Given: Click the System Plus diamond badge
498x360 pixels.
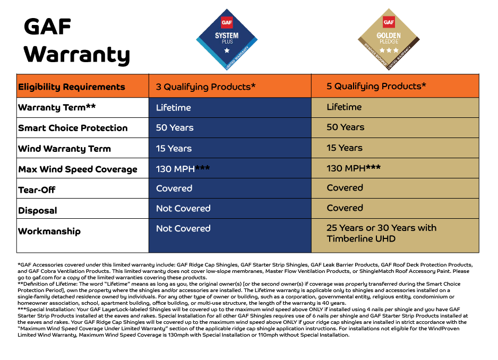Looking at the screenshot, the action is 227,39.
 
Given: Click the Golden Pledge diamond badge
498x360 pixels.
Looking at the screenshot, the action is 389,39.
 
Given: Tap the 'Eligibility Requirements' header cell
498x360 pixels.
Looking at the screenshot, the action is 72,87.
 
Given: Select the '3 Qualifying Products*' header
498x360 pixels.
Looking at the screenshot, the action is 205,87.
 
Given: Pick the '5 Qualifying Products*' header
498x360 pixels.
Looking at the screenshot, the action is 376,87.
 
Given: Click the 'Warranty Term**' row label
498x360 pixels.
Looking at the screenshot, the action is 57,108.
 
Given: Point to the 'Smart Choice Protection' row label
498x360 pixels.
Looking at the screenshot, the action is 73,128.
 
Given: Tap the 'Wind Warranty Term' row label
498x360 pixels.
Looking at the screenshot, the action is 64,149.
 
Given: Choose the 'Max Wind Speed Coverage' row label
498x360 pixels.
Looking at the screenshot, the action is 78,169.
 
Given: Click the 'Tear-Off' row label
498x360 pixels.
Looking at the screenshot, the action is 37,190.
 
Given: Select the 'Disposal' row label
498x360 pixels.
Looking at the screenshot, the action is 38,211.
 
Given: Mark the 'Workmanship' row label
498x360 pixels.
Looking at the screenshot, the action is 49,232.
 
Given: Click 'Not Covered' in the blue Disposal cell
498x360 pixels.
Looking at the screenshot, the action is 183,209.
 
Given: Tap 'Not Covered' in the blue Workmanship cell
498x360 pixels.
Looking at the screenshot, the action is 183,228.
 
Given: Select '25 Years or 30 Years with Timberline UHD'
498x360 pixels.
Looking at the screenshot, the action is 381,233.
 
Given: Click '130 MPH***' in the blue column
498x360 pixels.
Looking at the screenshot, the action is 183,169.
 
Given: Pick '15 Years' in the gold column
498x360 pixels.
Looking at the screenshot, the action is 345,148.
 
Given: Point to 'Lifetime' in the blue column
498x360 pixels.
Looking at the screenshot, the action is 174,108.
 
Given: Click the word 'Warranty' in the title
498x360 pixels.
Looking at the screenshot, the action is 77,55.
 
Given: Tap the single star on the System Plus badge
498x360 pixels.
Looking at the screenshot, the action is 227,50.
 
